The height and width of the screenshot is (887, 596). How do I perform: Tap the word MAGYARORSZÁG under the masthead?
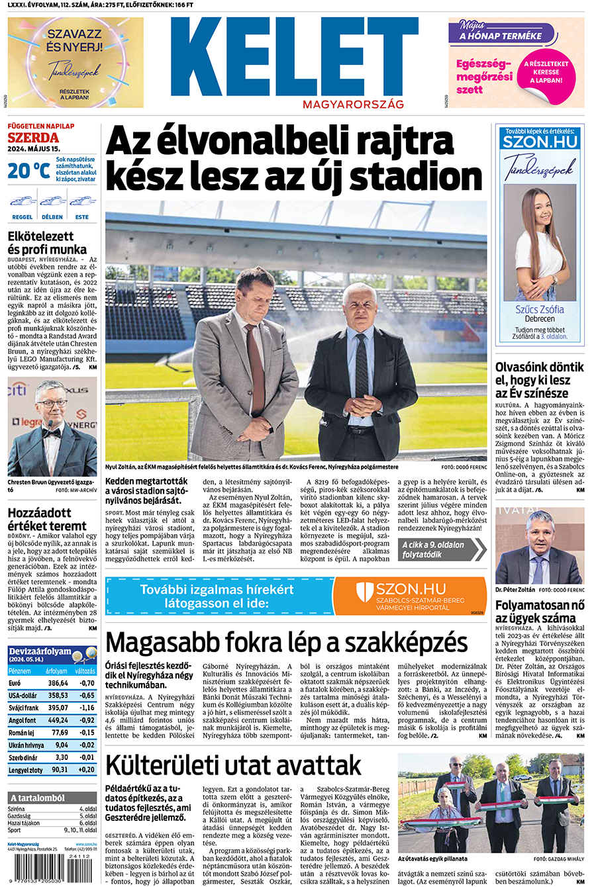353,105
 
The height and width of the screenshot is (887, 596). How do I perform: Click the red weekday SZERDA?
33,138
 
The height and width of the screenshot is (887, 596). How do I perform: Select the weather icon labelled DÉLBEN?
52,201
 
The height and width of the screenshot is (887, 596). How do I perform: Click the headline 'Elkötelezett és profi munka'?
47,242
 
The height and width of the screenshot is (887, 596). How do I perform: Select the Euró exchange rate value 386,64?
58,683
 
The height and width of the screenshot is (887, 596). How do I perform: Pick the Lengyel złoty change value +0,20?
86,770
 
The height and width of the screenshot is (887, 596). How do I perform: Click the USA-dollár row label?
23,696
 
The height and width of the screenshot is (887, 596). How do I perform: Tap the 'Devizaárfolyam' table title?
40,652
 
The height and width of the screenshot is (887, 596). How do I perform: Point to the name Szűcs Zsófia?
540,309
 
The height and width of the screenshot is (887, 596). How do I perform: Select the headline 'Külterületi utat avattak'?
233,765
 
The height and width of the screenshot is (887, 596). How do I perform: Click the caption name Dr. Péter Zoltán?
515,588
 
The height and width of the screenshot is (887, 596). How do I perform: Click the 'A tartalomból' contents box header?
37,798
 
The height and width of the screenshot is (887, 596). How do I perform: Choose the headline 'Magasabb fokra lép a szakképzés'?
286,642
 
